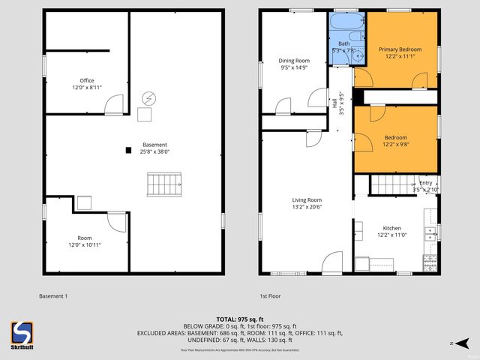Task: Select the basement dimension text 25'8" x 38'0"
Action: point(155,151)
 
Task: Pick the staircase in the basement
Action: point(164,183)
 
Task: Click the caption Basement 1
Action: point(53,295)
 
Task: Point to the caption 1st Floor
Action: point(270,295)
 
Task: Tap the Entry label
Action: point(425,183)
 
